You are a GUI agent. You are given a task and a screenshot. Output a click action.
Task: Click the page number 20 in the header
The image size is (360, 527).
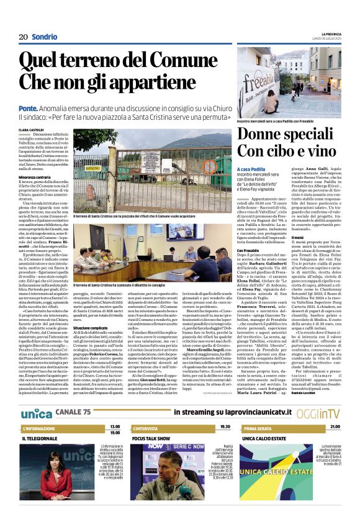23,37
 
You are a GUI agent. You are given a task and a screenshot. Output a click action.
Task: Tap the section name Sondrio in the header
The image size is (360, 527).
44,37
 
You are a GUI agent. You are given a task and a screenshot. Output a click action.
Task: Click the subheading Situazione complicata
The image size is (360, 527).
91,327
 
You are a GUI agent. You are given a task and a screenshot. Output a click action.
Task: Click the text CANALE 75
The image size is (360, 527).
73,412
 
